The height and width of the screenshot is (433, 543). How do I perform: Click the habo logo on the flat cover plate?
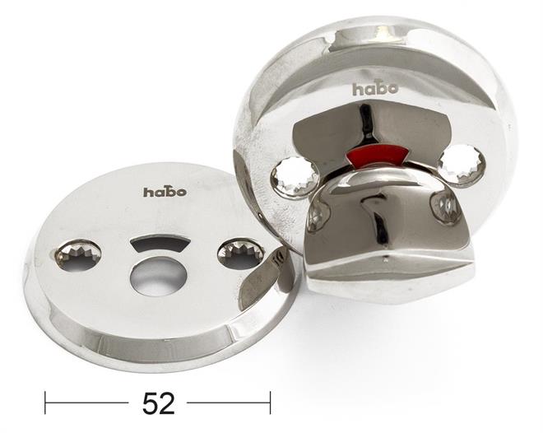point(165,192)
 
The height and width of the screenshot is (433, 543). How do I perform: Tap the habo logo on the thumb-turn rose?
point(375,89)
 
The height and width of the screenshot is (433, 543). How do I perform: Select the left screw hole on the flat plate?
point(78,254)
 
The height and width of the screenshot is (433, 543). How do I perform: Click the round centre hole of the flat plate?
point(158,276)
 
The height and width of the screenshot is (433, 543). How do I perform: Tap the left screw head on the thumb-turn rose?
point(295,176)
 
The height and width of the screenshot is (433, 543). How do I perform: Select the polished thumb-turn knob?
point(384,235)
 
